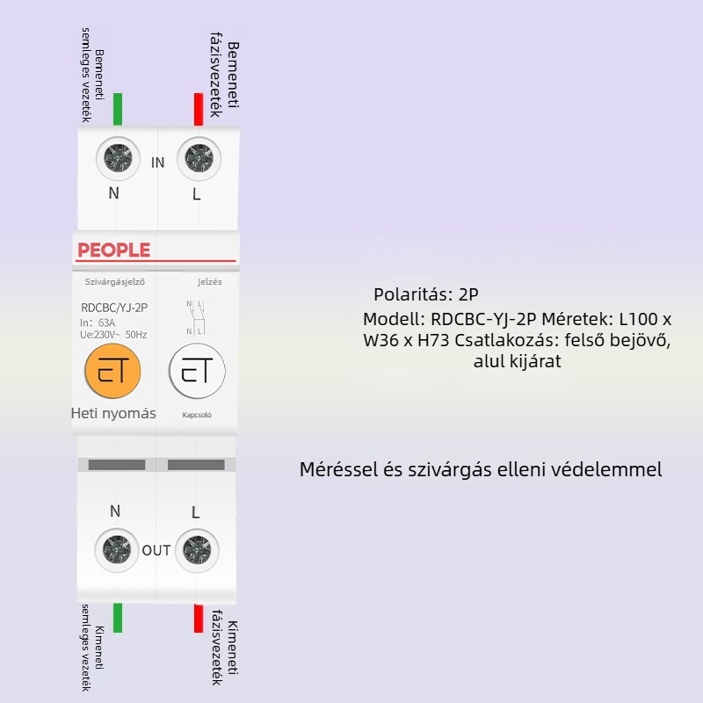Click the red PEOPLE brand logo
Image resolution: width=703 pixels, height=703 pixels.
point(113,250)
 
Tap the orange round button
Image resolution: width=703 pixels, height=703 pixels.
point(113,373)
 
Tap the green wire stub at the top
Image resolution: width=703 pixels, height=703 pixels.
point(118,108)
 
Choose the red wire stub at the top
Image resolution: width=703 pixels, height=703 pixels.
point(198,108)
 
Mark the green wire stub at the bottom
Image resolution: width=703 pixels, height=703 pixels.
point(118,617)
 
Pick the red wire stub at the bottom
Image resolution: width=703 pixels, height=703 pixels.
point(198,617)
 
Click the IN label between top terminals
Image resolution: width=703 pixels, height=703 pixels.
point(158,163)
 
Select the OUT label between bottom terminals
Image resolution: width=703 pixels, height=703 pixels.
point(156,551)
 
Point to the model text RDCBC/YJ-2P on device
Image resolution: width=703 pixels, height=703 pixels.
point(112,308)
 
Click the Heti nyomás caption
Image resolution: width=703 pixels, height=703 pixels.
point(113,413)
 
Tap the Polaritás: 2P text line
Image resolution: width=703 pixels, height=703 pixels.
point(426,294)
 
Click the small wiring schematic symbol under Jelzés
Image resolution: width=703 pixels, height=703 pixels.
point(195,318)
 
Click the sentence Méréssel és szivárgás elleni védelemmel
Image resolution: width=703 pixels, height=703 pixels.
point(481,470)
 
